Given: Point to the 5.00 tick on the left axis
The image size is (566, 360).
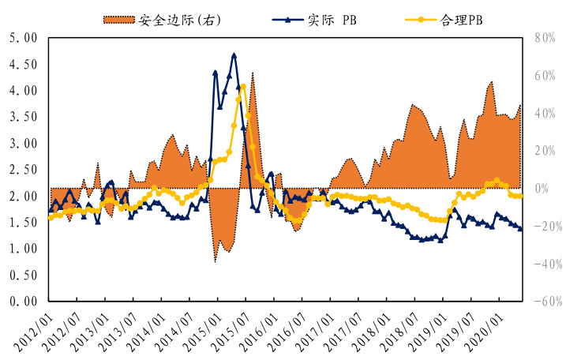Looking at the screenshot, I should [x=21, y=38].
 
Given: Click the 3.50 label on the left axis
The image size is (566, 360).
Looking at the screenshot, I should [x=21, y=117].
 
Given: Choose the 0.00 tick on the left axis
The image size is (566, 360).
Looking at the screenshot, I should [x=21, y=302].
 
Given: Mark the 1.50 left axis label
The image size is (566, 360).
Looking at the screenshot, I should [x=21, y=223].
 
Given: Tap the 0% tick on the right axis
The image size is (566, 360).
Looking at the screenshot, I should [x=546, y=189].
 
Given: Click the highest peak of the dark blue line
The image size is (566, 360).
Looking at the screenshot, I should [x=234, y=55].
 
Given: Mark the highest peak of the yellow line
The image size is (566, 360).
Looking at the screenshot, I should [x=243, y=87].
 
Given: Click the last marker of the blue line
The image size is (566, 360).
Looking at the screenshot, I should [x=519, y=228].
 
